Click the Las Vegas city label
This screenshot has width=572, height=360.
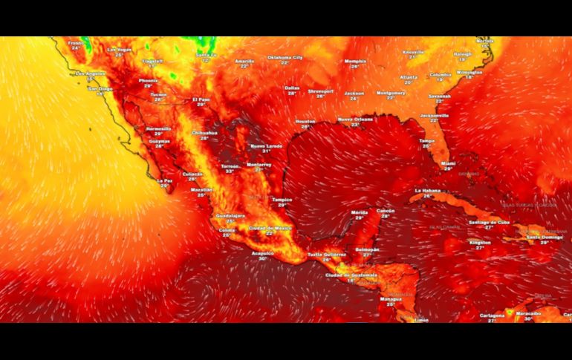click(x=119, y=50)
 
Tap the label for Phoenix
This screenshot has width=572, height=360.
click(x=148, y=80)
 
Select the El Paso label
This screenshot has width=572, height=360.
click(x=201, y=99)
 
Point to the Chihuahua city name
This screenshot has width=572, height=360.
click(x=204, y=133)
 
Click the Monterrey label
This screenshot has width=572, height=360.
click(x=259, y=164)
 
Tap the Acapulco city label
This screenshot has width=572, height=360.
click(x=263, y=253)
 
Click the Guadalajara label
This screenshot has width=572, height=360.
click(x=230, y=216)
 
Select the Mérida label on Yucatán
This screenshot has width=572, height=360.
click(x=359, y=213)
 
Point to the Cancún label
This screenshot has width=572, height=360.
click(x=386, y=211)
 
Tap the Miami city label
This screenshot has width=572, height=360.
click(x=448, y=163)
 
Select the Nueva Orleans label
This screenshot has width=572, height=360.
click(x=355, y=119)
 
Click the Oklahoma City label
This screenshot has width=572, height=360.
click(x=285, y=57)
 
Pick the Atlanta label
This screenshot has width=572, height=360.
click(x=409, y=76)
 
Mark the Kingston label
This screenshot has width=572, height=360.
click(x=480, y=242)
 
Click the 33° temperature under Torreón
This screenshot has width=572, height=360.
click(x=230, y=171)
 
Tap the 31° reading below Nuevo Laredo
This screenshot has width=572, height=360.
click(x=266, y=151)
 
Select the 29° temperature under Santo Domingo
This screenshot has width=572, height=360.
click(x=545, y=242)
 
